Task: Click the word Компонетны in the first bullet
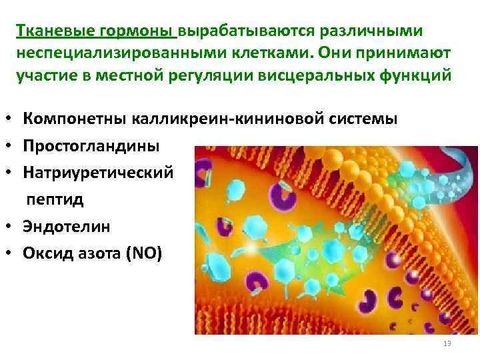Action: tap(73, 119)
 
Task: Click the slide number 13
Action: tap(447, 343)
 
